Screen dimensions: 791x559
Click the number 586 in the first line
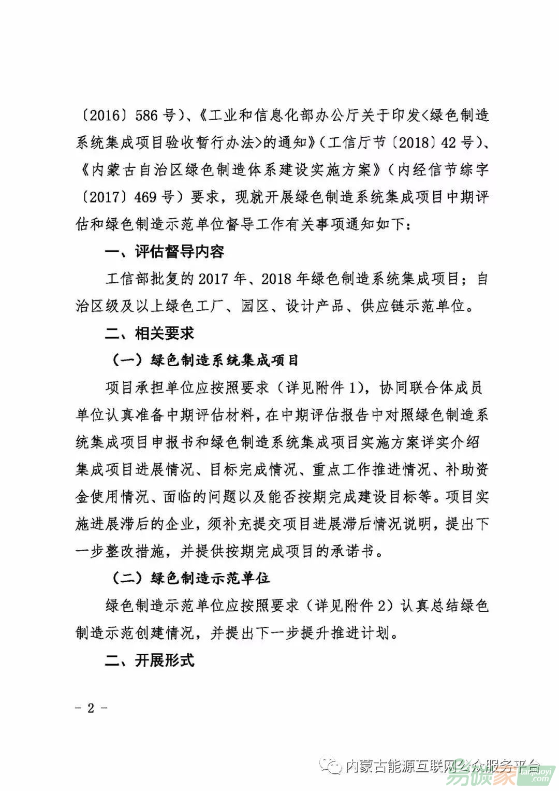point(146,115)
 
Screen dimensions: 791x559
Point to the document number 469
point(146,197)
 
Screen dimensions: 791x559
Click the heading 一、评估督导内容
point(165,252)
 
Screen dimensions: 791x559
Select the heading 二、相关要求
point(150,333)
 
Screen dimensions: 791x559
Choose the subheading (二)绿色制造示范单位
point(191,578)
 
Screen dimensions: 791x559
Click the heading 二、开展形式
point(150,660)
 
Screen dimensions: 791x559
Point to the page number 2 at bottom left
point(91,709)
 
